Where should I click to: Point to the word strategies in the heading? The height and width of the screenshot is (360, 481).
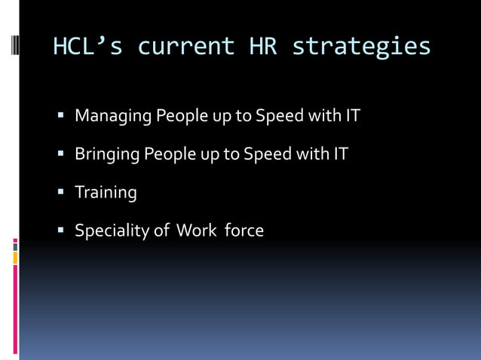(x=361, y=47)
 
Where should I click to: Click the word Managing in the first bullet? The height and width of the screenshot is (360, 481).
(x=112, y=117)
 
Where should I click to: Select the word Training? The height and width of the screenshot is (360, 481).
(x=106, y=193)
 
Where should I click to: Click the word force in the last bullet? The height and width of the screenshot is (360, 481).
(x=244, y=230)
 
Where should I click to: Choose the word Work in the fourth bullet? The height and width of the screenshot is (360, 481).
(x=196, y=230)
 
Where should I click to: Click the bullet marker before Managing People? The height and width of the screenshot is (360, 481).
(x=62, y=117)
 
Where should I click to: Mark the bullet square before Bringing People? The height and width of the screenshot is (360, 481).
(x=62, y=154)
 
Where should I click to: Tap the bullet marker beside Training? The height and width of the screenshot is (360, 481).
(x=62, y=192)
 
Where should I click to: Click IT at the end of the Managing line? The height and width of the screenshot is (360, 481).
(x=353, y=117)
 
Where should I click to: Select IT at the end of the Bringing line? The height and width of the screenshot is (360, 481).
(x=340, y=154)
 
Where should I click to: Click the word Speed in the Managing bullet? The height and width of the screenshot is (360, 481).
(x=278, y=117)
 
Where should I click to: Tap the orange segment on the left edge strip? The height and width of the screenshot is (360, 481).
(x=15, y=258)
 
